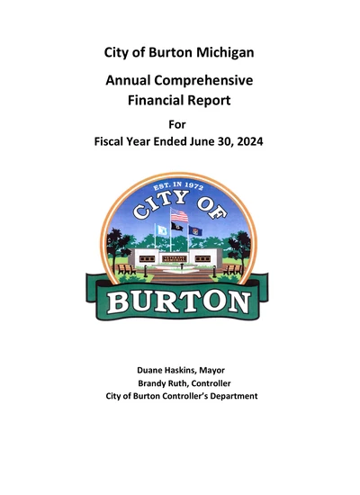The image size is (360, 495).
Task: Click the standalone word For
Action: click(x=179, y=126)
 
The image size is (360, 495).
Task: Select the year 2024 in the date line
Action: click(x=247, y=145)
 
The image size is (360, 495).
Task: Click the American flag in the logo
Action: click(x=179, y=216)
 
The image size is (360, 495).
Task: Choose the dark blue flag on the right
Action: click(x=195, y=230)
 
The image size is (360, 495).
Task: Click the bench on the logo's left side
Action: click(x=124, y=268)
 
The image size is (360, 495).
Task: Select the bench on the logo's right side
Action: click(x=234, y=268)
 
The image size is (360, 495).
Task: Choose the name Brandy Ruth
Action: click(x=154, y=382)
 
